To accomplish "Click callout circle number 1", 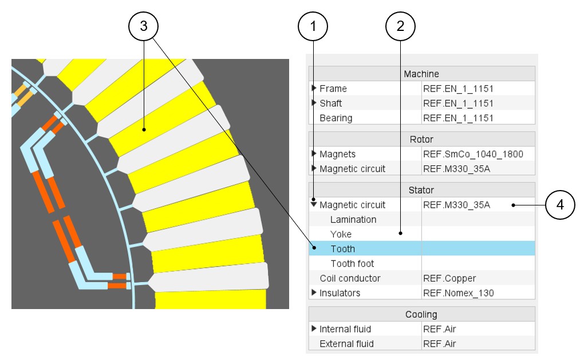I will [x=313, y=26].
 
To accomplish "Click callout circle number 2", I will [x=400, y=26].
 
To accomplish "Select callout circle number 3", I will [x=143, y=26].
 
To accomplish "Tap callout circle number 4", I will [x=560, y=204].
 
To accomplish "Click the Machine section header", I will [x=421, y=74].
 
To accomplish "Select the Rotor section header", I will [x=421, y=140].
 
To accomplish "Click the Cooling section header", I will [x=421, y=314].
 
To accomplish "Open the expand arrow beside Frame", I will [x=314, y=88].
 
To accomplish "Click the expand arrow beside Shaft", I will [x=314, y=103].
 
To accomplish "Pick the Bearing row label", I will [x=336, y=118].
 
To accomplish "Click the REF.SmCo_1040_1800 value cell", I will [x=473, y=154].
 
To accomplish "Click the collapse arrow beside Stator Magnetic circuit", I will [x=314, y=204].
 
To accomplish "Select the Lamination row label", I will [x=353, y=220].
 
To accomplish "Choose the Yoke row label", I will [x=341, y=234].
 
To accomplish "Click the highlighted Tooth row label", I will [x=343, y=249].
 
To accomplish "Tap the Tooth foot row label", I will [x=352, y=264].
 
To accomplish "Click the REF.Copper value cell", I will [x=449, y=278].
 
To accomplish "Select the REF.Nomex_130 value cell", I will [x=458, y=293].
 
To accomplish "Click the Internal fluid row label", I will [x=345, y=329].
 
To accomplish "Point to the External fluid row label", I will [x=346, y=344].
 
